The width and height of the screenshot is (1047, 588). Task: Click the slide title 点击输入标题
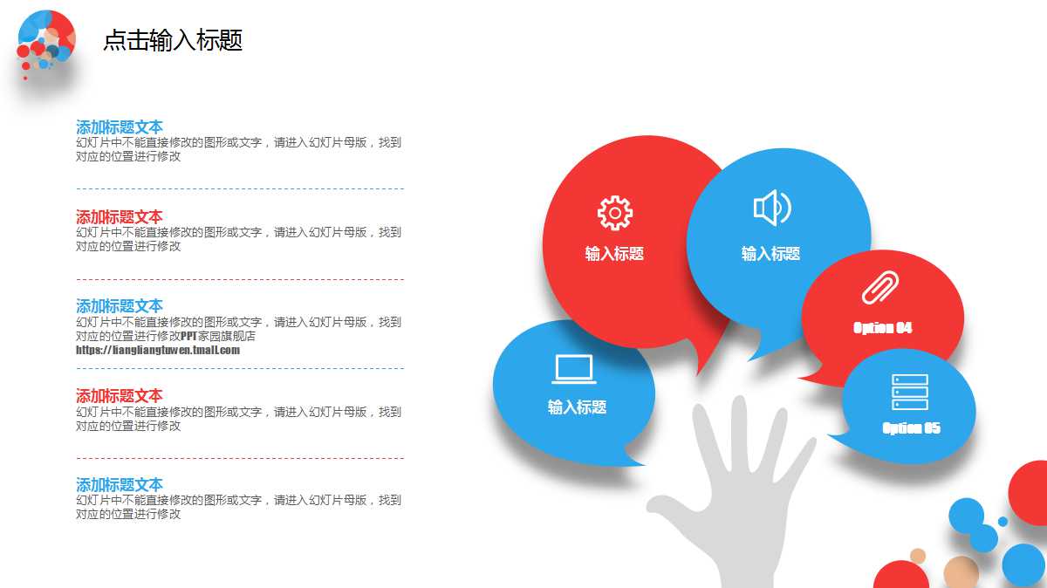coord(173,40)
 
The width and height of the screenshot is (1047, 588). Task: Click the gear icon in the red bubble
coord(614,213)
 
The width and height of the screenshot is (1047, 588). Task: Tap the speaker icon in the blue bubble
coord(771,208)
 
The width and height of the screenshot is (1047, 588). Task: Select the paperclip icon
coord(880,288)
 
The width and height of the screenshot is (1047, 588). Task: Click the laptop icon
coord(574,369)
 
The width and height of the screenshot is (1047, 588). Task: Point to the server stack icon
coord(910,392)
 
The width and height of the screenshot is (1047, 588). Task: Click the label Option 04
coord(882,328)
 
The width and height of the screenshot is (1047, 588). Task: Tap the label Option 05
coord(911,428)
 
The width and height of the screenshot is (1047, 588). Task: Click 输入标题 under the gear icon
coord(614,254)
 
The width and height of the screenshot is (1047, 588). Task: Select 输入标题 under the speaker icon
coord(770,254)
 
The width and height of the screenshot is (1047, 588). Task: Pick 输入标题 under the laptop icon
coord(577,407)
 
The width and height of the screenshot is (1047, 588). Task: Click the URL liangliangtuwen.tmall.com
coord(158,350)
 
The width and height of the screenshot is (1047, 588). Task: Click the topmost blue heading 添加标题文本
coord(120,127)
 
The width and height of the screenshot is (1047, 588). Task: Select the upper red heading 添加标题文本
coord(120,217)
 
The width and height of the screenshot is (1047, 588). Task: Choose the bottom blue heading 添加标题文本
coord(120,485)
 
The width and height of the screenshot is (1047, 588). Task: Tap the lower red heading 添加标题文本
coord(120,396)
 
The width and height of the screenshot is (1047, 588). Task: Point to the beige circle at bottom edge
coord(961,572)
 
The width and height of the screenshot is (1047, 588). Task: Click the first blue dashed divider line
coord(240,188)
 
